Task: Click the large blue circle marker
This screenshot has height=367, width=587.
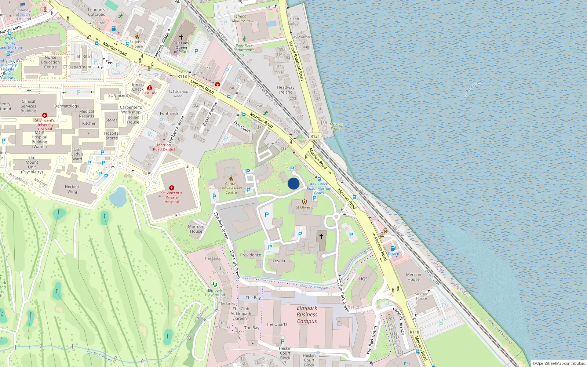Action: [x=293, y=183]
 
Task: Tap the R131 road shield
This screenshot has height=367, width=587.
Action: [x=315, y=136]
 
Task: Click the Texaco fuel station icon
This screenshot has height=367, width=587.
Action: [x=393, y=248]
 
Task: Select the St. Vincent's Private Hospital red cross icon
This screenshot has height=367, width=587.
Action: [x=171, y=188]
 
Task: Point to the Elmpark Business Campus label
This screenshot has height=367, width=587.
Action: [x=307, y=315]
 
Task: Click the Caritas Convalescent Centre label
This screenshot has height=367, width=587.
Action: [x=231, y=188]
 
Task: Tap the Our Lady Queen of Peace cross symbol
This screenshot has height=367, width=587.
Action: [x=181, y=37]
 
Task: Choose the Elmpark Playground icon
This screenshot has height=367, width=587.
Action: [x=215, y=284]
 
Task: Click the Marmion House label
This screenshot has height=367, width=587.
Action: [x=196, y=229]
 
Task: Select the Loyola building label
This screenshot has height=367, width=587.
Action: [x=279, y=261]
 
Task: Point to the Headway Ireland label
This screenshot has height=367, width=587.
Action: [x=286, y=90]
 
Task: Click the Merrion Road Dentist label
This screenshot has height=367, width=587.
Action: [x=164, y=147]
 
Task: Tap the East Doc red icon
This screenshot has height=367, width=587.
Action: [x=150, y=88]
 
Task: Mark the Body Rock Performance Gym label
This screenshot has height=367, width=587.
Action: [x=244, y=50]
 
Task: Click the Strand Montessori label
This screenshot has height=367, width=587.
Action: [x=241, y=18]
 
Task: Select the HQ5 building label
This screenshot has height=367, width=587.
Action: [x=363, y=279]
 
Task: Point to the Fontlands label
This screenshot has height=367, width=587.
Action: [x=169, y=113]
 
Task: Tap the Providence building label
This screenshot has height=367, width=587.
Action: [x=251, y=255]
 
